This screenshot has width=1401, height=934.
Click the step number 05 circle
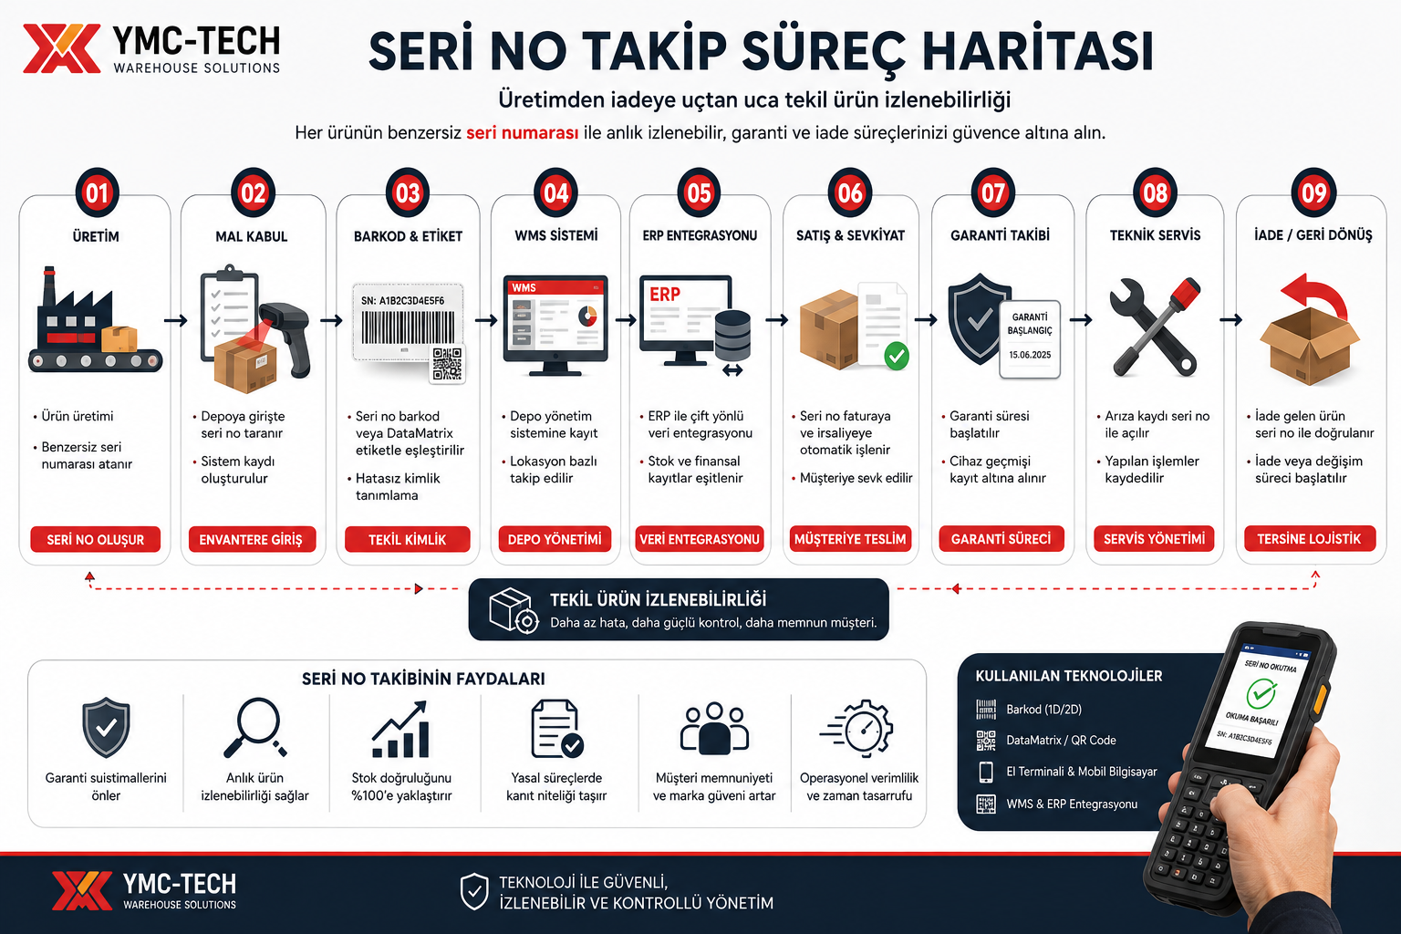(699, 192)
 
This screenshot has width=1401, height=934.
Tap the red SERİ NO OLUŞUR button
(95, 539)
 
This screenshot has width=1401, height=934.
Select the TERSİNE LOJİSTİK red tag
(1309, 539)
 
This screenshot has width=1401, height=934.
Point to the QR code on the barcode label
(447, 364)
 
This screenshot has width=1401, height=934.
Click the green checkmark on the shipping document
(897, 356)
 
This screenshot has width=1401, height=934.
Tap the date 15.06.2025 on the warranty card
(1030, 355)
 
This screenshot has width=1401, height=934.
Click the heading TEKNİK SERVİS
(1156, 235)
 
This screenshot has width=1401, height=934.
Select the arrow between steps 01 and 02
(176, 320)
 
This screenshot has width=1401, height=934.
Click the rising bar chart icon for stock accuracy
(400, 729)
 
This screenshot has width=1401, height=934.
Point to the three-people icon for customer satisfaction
(714, 728)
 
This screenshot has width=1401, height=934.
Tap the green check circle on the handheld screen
(1261, 694)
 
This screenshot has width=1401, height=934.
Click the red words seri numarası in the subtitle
(523, 132)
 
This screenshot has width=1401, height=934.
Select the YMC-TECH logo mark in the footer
(82, 890)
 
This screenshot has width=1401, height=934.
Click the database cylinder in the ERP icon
(732, 336)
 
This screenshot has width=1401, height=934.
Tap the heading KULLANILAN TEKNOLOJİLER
(1069, 676)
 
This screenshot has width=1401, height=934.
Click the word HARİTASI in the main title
(1038, 50)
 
